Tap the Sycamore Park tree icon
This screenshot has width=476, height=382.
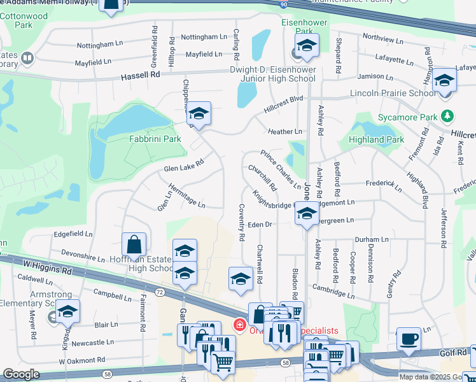449,117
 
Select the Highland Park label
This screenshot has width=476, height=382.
376,139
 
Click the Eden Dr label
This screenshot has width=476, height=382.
260,224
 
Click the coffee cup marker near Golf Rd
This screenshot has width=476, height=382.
408,339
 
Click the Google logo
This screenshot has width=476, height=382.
21,374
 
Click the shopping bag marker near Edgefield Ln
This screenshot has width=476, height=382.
134,245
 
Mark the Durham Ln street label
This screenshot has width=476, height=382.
371,239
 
